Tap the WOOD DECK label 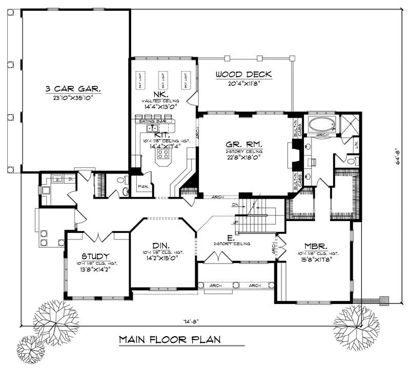(243, 75)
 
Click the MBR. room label (317, 245)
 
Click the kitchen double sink (152, 128)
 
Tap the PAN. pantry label (143, 187)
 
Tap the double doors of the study (96, 236)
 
